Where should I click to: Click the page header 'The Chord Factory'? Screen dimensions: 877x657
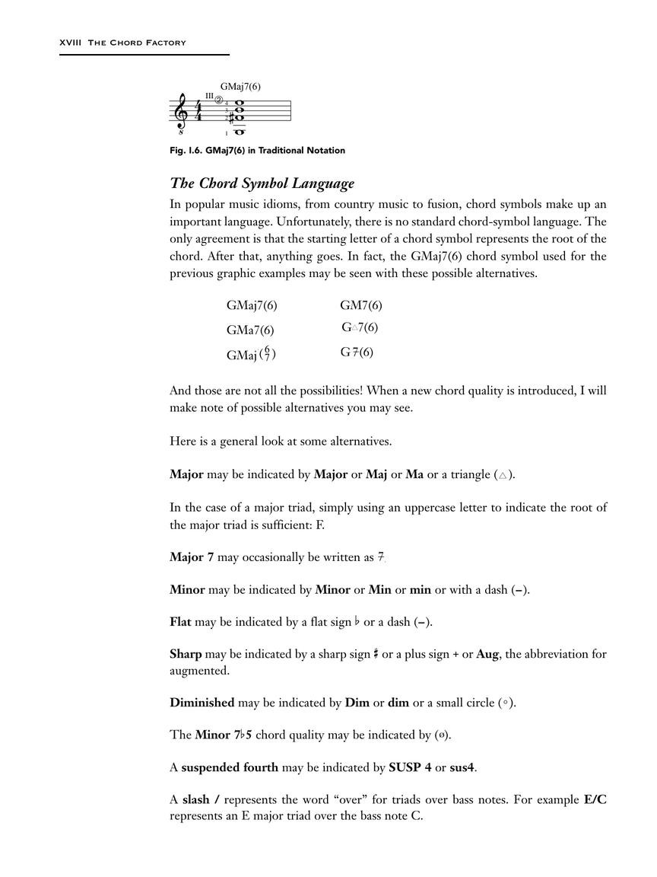coord(137,43)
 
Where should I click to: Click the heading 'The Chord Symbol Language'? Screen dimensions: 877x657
coord(262,184)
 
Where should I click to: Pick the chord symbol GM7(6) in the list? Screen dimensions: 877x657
coord(361,305)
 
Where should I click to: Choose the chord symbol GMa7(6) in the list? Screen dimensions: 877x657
coord(250,330)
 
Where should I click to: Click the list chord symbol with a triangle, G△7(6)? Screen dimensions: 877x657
coord(360,328)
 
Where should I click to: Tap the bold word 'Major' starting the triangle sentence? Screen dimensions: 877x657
coord(186,474)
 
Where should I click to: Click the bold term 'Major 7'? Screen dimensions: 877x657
coord(192,557)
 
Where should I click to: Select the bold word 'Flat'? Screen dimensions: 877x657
coord(181,622)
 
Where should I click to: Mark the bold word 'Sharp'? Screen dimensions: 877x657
coord(186,655)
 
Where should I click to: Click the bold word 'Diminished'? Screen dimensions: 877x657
coord(202,703)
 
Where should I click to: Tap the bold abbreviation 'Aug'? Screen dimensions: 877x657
coord(487,655)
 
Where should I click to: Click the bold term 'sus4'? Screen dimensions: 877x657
coord(462,767)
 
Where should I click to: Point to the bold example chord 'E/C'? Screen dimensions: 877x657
coord(595,800)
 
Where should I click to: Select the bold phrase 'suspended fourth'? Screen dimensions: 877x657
coord(230,767)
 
